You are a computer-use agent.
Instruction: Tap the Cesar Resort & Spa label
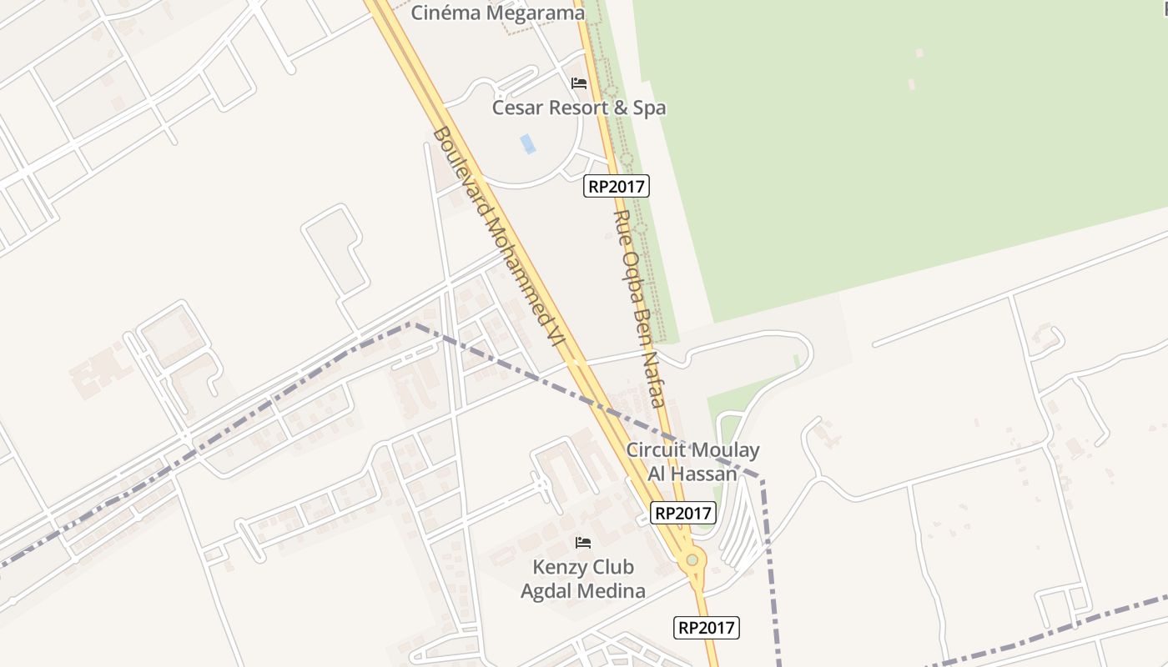tap(578, 108)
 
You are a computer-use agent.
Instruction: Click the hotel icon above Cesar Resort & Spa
tap(579, 83)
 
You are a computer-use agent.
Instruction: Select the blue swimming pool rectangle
tap(527, 143)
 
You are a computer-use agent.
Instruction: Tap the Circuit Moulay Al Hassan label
tap(692, 462)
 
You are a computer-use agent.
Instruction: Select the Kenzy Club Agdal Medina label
tap(583, 579)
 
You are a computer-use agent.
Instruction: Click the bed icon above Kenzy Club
tap(583, 543)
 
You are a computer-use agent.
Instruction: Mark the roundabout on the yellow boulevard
tap(692, 560)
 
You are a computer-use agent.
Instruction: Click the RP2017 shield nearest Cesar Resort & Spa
tap(616, 186)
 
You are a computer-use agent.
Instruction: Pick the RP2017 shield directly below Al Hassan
tap(683, 514)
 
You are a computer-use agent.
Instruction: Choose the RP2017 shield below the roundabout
tap(706, 628)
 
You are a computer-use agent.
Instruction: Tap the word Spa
tap(649, 108)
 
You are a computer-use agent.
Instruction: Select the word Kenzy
tap(558, 568)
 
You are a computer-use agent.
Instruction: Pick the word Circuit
tap(655, 450)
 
